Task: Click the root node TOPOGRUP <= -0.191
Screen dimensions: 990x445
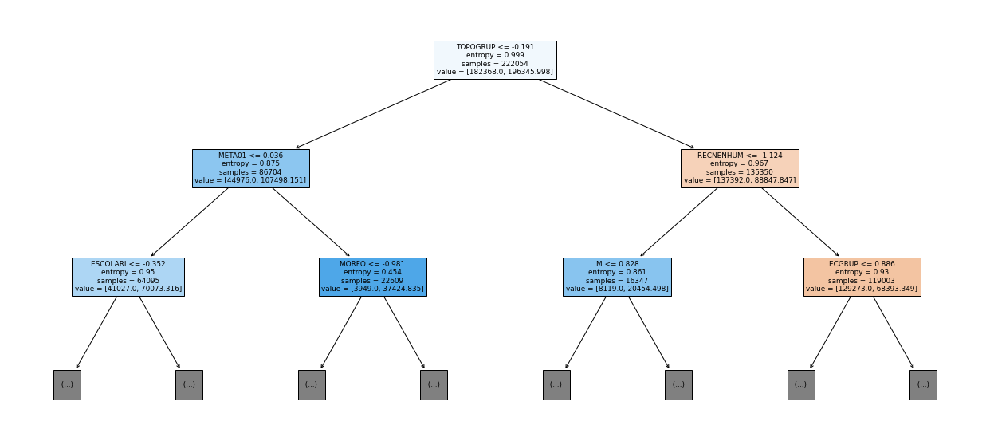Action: pyautogui.click(x=495, y=60)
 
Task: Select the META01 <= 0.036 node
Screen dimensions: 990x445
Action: pyautogui.click(x=250, y=168)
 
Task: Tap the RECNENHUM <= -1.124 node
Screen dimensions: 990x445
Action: pyautogui.click(x=740, y=168)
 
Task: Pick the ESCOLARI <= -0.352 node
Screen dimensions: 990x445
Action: pyautogui.click(x=128, y=277)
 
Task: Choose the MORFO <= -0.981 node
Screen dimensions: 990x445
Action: pyautogui.click(x=372, y=277)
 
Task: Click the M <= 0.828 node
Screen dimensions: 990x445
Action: pyautogui.click(x=617, y=277)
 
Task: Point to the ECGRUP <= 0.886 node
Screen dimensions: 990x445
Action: pyautogui.click(x=862, y=277)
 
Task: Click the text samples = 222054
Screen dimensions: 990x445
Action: pyautogui.click(x=495, y=64)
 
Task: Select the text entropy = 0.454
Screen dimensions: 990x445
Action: pyautogui.click(x=372, y=272)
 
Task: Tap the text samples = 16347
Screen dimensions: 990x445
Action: pyautogui.click(x=617, y=281)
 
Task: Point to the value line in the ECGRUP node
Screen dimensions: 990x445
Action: pyautogui.click(x=862, y=289)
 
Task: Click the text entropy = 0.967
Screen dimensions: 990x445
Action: pyautogui.click(x=740, y=163)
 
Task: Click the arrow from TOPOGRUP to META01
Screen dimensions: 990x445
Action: pyautogui.click(x=373, y=114)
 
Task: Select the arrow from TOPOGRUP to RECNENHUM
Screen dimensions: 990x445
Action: pyautogui.click(x=617, y=114)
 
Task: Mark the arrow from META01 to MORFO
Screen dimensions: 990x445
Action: pyautogui.click(x=311, y=222)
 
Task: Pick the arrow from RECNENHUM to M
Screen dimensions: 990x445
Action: pyautogui.click(x=678, y=222)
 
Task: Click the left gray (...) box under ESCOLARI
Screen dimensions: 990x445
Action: pyautogui.click(x=67, y=385)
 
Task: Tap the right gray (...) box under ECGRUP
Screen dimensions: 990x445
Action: pyautogui.click(x=923, y=385)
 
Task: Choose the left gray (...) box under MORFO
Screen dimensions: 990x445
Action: pyautogui.click(x=312, y=385)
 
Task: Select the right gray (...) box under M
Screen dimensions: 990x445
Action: pyautogui.click(x=678, y=385)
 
